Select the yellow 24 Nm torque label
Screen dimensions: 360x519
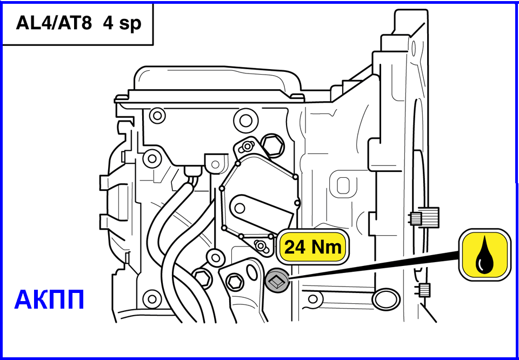[313, 247]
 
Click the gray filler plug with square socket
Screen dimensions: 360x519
[277, 281]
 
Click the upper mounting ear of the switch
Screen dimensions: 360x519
[247, 146]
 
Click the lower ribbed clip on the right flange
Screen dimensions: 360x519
[424, 290]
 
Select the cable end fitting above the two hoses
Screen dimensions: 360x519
[192, 172]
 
